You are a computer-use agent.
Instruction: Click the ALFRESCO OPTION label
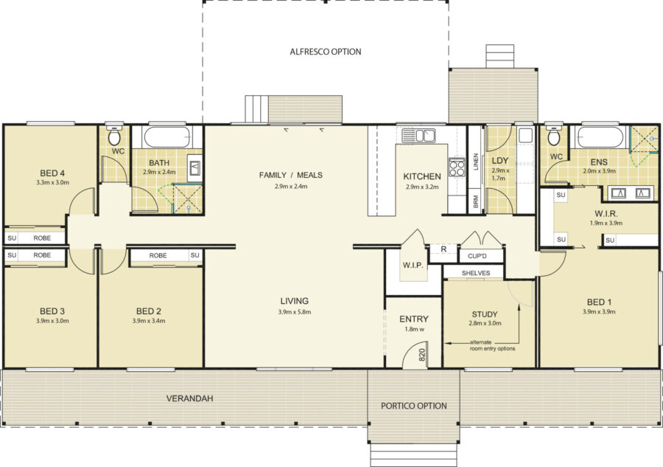326,52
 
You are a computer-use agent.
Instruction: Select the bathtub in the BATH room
166,136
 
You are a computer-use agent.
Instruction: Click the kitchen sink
418,136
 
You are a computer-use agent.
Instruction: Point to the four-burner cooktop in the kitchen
457,167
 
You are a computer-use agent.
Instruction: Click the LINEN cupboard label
475,162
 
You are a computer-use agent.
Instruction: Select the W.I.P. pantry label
413,265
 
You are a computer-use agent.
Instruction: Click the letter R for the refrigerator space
443,249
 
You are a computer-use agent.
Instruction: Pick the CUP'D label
477,256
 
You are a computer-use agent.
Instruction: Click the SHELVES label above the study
476,273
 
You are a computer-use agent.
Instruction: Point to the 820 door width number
421,354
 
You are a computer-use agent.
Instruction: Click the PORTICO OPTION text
413,406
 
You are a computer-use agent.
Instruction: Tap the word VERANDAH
189,398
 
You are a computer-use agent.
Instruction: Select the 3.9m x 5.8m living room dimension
295,312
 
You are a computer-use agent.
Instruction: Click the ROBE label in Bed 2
158,255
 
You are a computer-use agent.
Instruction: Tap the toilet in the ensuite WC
553,135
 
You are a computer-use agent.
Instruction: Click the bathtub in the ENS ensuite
600,136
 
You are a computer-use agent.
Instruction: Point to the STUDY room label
485,314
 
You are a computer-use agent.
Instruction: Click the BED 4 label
52,173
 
